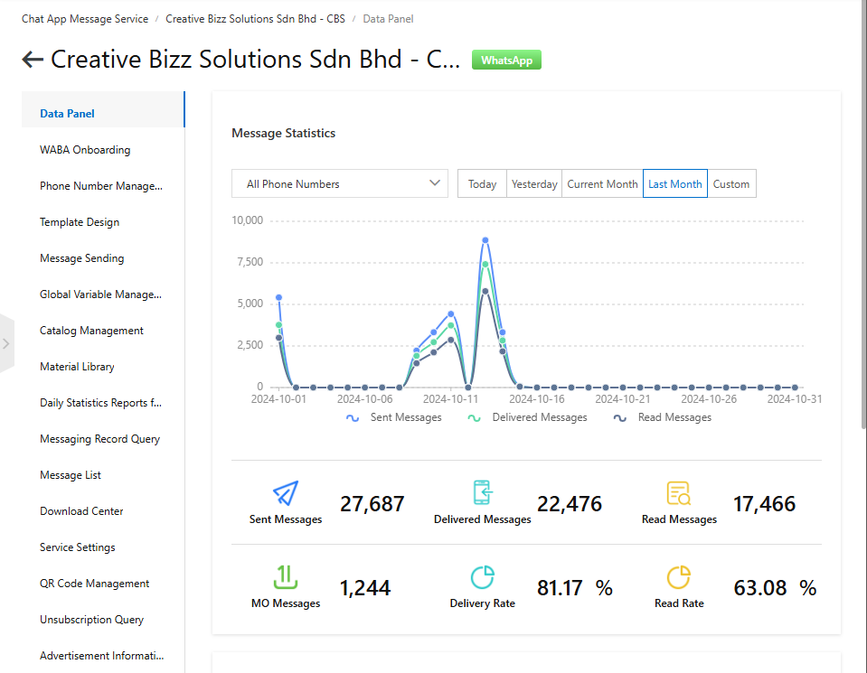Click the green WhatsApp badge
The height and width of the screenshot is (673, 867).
pyautogui.click(x=506, y=61)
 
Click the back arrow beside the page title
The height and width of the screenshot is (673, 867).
pyautogui.click(x=33, y=60)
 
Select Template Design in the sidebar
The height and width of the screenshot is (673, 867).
pyautogui.click(x=80, y=222)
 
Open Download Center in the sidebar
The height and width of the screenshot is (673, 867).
pyautogui.click(x=81, y=511)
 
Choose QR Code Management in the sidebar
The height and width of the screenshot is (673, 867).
pyautogui.click(x=94, y=584)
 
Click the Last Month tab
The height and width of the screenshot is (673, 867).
pyautogui.click(x=674, y=183)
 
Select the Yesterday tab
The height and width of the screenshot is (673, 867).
pyautogui.click(x=534, y=183)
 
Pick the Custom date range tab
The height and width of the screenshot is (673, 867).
pyautogui.click(x=730, y=183)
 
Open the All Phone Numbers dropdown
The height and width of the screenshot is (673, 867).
pyautogui.click(x=339, y=183)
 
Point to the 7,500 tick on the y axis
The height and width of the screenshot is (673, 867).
pyautogui.click(x=247, y=262)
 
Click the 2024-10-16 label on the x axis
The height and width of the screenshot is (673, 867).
pyautogui.click(x=537, y=398)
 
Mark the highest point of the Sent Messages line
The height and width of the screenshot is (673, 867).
pyautogui.click(x=485, y=240)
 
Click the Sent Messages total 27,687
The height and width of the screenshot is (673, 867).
pyautogui.click(x=372, y=504)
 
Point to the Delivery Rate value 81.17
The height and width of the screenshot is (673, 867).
pyautogui.click(x=561, y=588)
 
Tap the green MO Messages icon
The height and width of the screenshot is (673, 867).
pyautogui.click(x=286, y=576)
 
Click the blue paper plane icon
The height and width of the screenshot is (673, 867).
pyautogui.click(x=286, y=493)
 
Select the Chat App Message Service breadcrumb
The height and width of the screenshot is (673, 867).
pyautogui.click(x=85, y=18)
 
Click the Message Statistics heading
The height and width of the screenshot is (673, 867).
pyautogui.click(x=283, y=133)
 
